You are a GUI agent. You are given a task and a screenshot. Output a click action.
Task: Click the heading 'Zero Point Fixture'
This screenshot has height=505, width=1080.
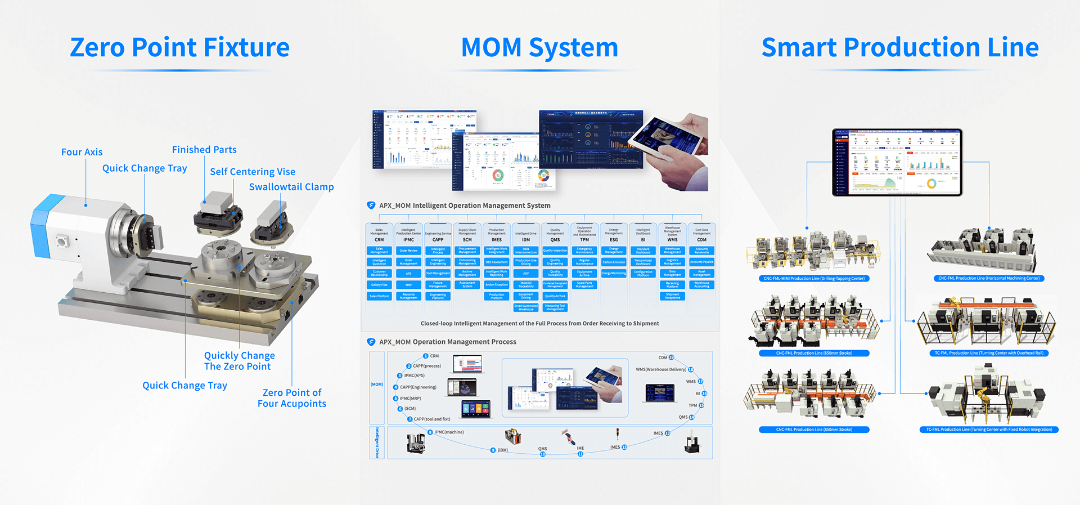179,47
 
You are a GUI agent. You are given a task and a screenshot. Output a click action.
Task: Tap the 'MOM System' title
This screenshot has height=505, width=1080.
539,47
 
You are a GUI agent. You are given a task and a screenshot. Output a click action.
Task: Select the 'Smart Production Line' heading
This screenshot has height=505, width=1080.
899,47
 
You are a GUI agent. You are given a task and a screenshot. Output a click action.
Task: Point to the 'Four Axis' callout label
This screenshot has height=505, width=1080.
82,152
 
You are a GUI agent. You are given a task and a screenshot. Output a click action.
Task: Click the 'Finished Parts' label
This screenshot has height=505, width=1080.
204,150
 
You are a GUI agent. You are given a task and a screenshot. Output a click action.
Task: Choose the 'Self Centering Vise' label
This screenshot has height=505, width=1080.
253,172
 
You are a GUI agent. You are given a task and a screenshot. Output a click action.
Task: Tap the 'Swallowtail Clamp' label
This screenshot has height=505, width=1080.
291,187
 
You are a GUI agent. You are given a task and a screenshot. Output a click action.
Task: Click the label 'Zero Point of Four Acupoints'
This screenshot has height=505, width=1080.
292,398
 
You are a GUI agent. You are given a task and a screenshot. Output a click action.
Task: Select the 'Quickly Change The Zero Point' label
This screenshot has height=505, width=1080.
239,361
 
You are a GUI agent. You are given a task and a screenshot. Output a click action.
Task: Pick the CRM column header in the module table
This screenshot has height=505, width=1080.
379,240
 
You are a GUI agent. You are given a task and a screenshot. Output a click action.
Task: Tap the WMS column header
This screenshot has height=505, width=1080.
672,240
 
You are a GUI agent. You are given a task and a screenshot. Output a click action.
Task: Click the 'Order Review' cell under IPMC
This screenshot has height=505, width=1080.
408,251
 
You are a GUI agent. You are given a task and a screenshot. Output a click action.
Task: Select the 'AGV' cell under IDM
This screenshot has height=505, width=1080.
526,274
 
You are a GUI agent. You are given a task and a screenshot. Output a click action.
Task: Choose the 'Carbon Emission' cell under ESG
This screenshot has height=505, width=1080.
614,262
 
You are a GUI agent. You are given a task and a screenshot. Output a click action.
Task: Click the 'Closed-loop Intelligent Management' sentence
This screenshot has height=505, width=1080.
539,324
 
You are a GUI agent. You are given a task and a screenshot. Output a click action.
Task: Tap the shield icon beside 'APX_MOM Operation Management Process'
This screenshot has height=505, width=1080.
371,342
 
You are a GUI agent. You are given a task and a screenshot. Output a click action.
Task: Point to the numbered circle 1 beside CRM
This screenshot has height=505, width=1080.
425,356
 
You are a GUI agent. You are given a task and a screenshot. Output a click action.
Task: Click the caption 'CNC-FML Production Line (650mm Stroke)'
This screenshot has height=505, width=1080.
814,354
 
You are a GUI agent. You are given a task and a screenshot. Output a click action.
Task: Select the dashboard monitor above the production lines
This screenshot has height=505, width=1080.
897,162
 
